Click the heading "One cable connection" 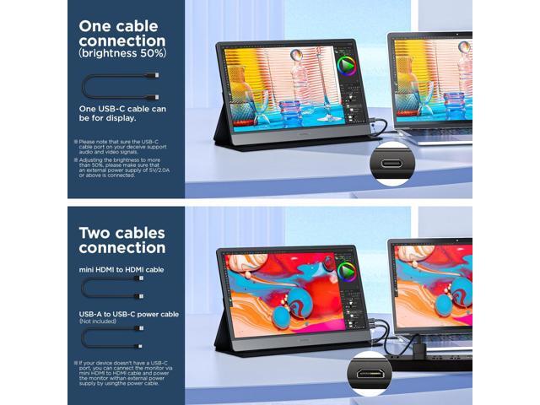(x=121, y=33)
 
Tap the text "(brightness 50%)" (x=121, y=52)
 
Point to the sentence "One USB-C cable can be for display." (x=121, y=113)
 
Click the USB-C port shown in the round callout (x=391, y=165)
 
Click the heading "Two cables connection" (x=121, y=240)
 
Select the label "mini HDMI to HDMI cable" (x=121, y=270)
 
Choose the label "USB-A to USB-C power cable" (x=128, y=314)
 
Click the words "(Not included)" (x=98, y=321)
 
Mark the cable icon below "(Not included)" (x=111, y=339)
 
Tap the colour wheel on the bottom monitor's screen (x=347, y=272)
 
